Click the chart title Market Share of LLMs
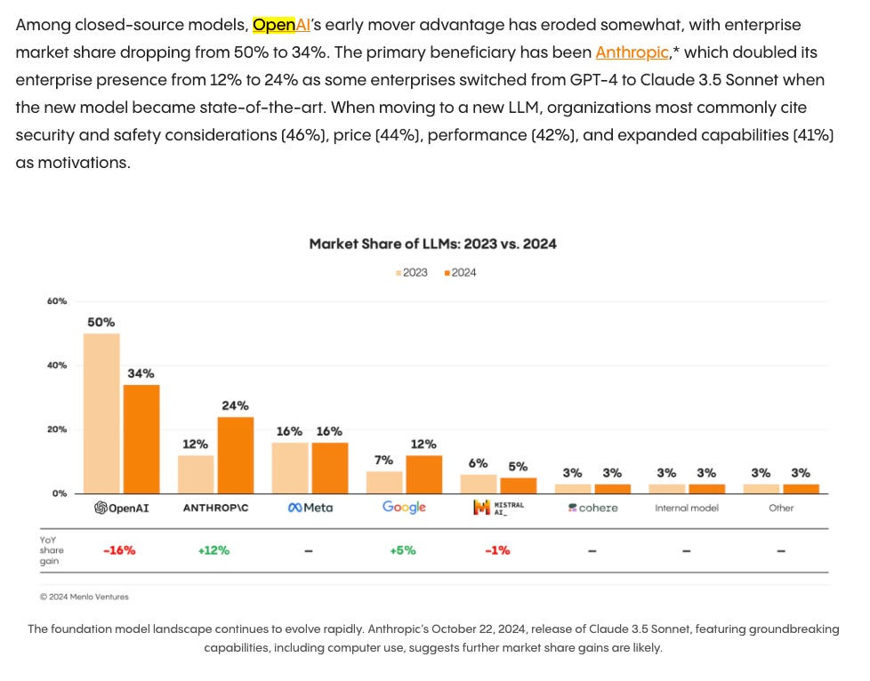click(x=432, y=244)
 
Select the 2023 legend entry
click(x=412, y=273)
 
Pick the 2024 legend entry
click(x=461, y=273)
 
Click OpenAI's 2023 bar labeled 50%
click(x=101, y=413)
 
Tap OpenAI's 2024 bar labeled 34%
click(x=141, y=439)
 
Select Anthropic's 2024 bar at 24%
click(x=235, y=455)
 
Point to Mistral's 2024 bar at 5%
click(x=518, y=485)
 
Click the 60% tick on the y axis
click(x=57, y=301)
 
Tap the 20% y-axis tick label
click(x=57, y=429)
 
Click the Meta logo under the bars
click(x=310, y=508)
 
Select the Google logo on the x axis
click(x=404, y=507)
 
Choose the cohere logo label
click(x=592, y=508)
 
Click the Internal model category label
click(x=686, y=509)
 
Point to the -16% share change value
click(x=119, y=550)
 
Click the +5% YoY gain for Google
click(x=403, y=550)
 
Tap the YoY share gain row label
click(x=52, y=550)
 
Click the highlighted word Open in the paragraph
click(x=274, y=25)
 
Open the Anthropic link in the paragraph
click(x=632, y=52)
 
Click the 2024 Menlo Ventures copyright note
click(x=84, y=597)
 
